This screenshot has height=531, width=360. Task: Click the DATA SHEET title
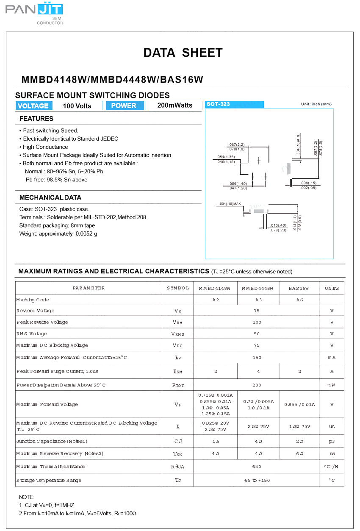click(183, 53)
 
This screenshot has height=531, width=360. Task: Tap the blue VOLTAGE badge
click(33, 106)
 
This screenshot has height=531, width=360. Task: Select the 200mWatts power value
click(174, 106)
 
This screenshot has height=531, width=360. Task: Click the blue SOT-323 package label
click(234, 104)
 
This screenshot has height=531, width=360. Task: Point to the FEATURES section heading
click(36, 119)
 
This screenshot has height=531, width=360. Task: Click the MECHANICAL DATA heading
click(50, 197)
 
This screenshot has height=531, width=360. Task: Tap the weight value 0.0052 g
click(86, 234)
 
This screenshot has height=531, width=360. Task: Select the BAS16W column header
click(299, 288)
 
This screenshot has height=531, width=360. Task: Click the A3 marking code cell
click(258, 300)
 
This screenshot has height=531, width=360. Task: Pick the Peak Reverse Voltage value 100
click(257, 322)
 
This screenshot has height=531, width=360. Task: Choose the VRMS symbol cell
click(178, 334)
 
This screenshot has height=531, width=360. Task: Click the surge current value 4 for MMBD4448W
click(258, 371)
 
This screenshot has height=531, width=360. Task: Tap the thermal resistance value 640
click(257, 467)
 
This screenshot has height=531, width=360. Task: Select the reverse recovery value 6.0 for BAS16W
click(299, 453)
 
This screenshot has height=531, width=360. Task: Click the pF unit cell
click(332, 441)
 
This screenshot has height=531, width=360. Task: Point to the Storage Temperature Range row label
click(49, 480)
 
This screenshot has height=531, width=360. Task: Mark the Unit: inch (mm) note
click(316, 104)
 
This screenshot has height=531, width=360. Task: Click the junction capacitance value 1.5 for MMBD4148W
click(215, 441)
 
